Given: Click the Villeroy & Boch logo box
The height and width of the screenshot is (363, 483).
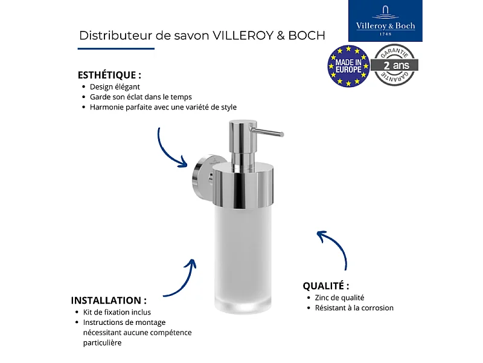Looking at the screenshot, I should (x=386, y=21).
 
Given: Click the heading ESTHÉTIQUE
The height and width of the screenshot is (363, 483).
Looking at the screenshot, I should (x=109, y=76).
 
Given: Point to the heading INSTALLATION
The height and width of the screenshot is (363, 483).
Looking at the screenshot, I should (x=109, y=300).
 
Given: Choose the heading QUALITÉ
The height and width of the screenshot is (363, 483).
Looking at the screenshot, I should (x=325, y=286).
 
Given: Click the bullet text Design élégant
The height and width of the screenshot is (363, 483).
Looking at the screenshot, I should (x=115, y=87).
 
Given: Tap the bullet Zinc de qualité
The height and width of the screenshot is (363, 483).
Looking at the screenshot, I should (x=339, y=298).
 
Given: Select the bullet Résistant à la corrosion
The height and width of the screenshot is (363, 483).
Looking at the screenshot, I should (x=354, y=308).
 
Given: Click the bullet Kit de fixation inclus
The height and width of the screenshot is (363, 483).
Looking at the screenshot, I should (x=117, y=312).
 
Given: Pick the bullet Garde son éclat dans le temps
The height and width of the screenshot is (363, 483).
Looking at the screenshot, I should (x=141, y=97).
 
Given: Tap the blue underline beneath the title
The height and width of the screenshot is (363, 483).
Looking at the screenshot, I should (x=117, y=48).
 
